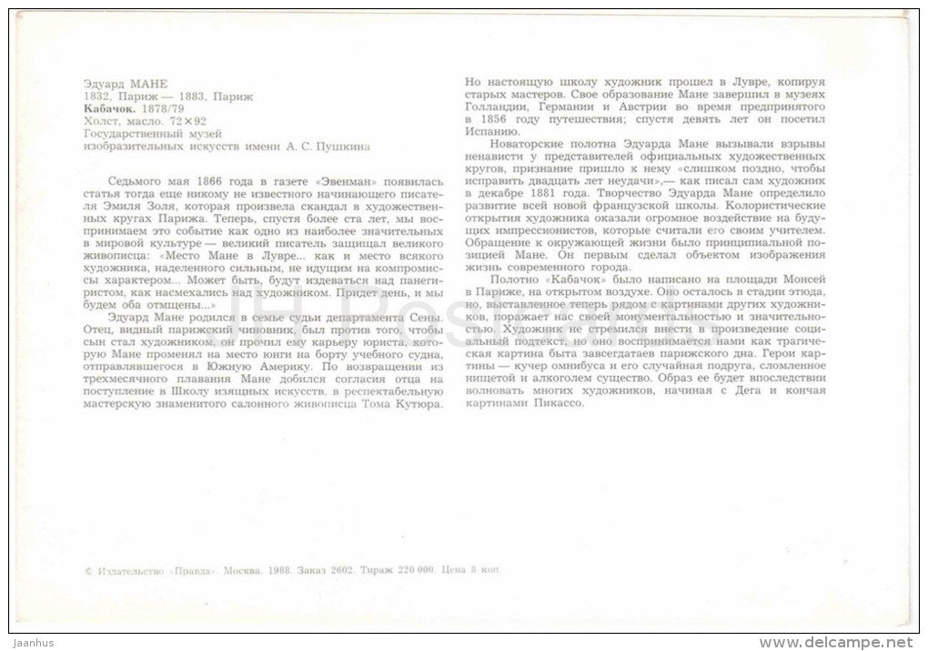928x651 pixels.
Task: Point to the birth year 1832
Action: pyautogui.click(x=97, y=96)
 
